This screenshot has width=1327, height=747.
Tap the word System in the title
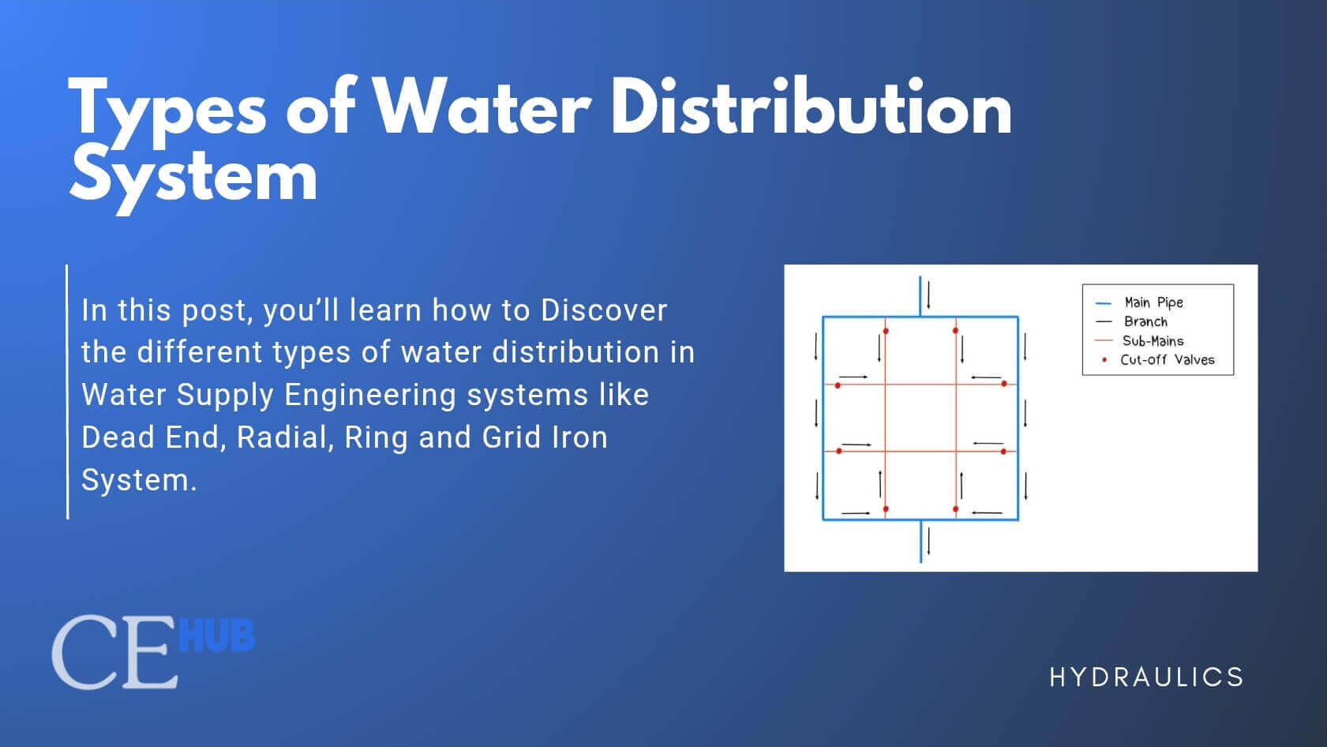[193, 178]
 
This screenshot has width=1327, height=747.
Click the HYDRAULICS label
[1146, 677]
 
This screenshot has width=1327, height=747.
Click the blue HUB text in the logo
[217, 636]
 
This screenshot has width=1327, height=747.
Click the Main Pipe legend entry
[1153, 302]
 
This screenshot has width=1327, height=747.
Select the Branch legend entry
[1145, 321]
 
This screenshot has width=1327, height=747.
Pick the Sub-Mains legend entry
[1153, 341]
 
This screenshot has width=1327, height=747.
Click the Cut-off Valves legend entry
[1167, 360]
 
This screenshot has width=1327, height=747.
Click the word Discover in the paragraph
[604, 310]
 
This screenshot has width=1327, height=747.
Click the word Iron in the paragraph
[579, 437]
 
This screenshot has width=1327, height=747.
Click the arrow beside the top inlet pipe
[929, 295]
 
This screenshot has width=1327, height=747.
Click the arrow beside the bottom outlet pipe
[929, 541]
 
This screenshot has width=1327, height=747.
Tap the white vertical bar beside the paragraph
[68, 392]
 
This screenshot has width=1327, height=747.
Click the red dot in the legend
[1104, 360]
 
